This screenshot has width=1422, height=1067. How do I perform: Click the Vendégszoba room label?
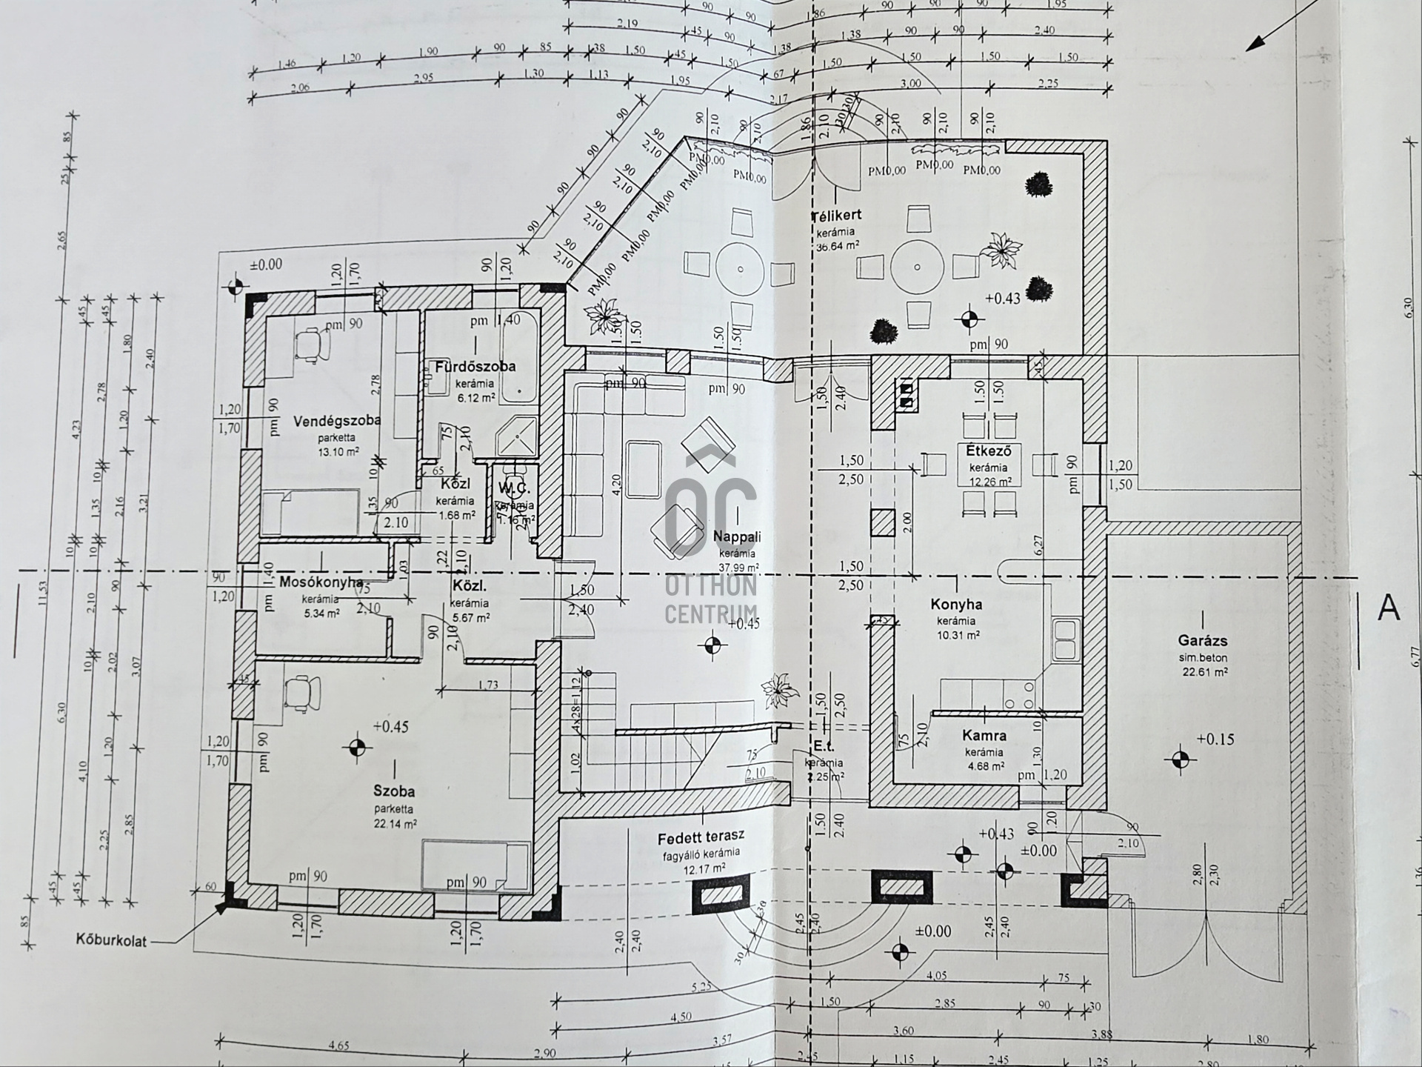point(337,421)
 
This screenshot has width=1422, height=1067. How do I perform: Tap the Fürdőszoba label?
point(475,367)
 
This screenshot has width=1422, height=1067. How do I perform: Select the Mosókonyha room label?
point(320,582)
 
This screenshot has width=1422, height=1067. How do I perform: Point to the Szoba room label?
point(394,791)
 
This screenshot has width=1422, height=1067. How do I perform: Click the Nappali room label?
point(737,537)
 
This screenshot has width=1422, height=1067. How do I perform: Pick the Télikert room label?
point(836,216)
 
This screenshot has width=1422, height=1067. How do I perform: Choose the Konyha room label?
point(956,605)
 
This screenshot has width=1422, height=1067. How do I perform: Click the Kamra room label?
point(984,736)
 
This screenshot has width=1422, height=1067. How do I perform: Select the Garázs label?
point(1203,641)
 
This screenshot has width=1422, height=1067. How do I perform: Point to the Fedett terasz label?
point(701,838)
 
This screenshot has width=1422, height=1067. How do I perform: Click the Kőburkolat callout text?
point(111,941)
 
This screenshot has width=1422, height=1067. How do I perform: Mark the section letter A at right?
point(1389,608)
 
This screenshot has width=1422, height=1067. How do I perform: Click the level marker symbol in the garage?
point(1180,759)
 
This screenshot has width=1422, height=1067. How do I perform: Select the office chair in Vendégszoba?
point(312,345)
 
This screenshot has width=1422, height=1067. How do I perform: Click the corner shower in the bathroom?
point(518,436)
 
